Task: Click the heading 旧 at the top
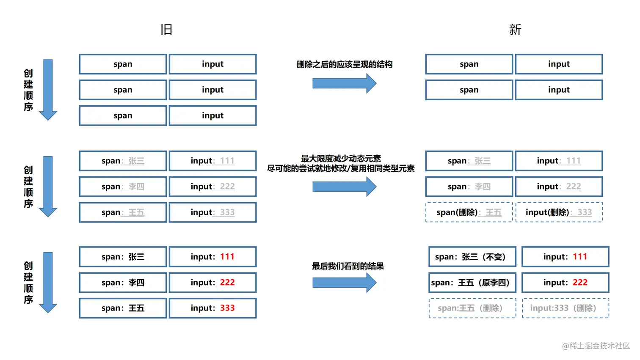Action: pos(166,30)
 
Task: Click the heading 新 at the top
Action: pos(515,30)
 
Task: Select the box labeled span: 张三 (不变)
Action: pos(472,257)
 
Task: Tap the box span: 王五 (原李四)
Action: pos(472,283)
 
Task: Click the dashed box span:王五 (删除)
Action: pos(472,308)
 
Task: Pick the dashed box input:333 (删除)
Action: pos(565,308)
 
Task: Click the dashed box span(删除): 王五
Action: pos(469,212)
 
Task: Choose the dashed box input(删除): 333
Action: pos(559,212)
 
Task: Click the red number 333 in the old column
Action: pos(227,308)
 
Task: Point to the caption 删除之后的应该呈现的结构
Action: pos(344,64)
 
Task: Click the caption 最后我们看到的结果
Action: pos(348,266)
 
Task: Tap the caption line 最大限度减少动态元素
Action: pos(341,159)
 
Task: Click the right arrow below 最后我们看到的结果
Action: pos(344,283)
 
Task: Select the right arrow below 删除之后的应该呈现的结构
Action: pos(344,83)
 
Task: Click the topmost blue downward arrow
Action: pos(48,89)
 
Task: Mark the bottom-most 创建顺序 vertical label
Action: pos(28,283)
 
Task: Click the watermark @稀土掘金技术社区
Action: pos(596,346)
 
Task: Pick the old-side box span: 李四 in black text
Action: pos(123,283)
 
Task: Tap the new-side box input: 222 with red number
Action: pos(565,283)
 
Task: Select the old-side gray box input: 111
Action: pos(212,161)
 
